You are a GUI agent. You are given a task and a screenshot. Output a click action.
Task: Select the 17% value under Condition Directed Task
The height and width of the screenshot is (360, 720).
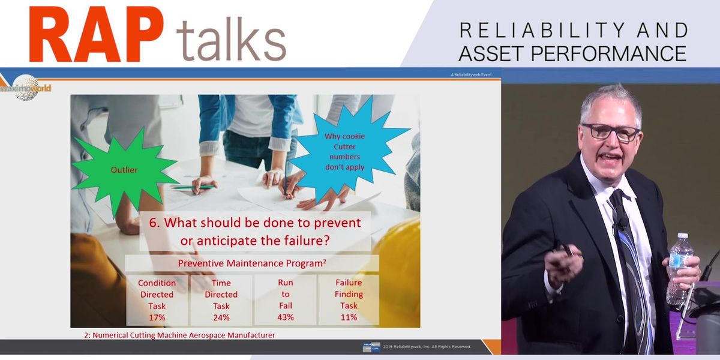[x=157, y=317]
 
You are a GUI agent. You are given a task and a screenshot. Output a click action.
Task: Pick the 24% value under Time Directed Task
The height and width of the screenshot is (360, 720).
[x=221, y=317]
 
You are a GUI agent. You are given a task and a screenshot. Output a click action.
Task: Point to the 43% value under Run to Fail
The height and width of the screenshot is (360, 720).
[x=285, y=317]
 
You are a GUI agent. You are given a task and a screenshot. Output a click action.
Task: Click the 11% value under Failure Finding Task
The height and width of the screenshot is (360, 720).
[x=349, y=317]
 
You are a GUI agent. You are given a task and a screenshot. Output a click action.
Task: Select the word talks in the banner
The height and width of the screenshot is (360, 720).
[x=231, y=41]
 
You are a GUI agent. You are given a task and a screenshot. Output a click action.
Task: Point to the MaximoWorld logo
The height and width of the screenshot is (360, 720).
[x=25, y=88]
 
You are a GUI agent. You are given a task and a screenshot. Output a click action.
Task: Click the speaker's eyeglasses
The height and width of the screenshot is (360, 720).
[x=610, y=131]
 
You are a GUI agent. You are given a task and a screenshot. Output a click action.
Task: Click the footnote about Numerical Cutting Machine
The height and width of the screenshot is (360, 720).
[x=179, y=335]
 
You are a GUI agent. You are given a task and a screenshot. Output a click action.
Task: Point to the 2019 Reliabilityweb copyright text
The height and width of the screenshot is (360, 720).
[x=427, y=347]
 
